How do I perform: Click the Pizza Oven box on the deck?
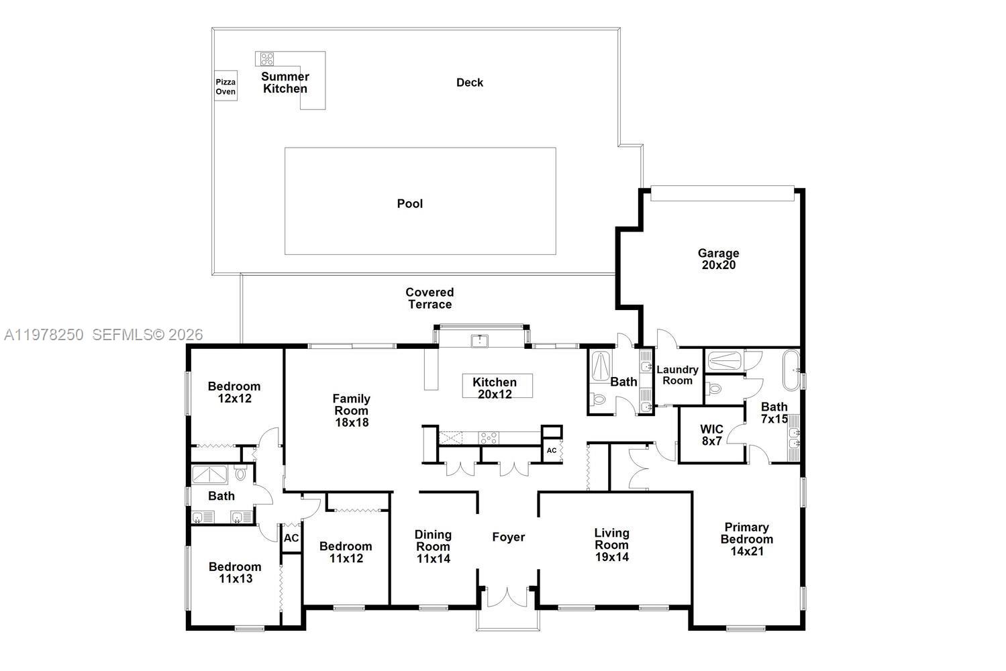point(225,87)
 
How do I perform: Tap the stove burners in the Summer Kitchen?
point(267,59)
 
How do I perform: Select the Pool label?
point(409,203)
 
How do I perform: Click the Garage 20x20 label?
point(718,259)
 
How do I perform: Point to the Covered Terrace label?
point(430,298)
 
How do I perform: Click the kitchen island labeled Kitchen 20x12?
point(497,386)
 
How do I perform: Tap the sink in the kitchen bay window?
point(480,341)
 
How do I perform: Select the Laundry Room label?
point(677,375)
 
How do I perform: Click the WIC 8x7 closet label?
point(711,435)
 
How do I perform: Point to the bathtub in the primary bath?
point(791,370)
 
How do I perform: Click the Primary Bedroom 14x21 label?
point(746,539)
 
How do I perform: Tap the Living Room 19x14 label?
point(611,544)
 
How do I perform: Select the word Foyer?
point(508,537)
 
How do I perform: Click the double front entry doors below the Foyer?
point(508,597)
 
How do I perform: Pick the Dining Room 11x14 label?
point(433,546)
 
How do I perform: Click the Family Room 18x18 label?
point(351,410)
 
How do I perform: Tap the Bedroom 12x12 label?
point(234,392)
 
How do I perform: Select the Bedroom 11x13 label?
point(235,572)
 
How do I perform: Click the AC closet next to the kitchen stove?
point(552,450)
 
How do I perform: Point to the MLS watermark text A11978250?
point(44,334)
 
